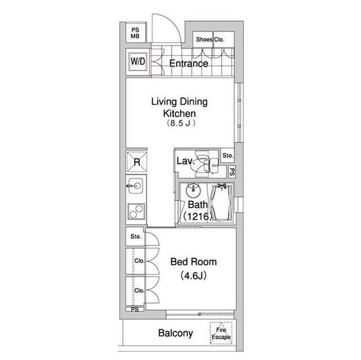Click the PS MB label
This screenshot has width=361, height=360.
coord(135,33)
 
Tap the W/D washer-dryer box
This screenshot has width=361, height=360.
coord(138,61)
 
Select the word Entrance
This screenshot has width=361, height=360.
coord(188,64)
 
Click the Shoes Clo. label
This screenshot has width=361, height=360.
coord(210,39)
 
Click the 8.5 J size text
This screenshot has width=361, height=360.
coord(181,123)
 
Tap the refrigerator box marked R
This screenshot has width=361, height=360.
coord(137,162)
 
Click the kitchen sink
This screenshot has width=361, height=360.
coord(135,185)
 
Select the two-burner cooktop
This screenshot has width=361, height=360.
coord(137,211)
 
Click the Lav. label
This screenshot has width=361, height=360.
coord(186,161)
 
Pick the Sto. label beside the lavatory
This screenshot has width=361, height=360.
coord(228,155)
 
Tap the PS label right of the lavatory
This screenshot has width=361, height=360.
coord(232,172)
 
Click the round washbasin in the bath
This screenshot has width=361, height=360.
coord(193,190)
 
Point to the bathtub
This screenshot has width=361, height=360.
coord(222,202)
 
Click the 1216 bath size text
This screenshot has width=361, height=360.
coord(197,216)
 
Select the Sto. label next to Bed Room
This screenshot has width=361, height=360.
coord(136,237)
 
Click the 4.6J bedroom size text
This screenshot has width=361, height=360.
coord(193,275)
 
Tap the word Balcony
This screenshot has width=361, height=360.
coord(175,333)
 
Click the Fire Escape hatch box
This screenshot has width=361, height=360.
coord(221,333)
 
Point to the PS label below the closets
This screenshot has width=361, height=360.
coord(135,309)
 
